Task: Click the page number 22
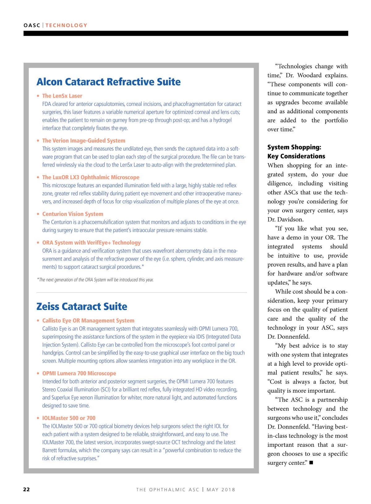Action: click(x=27, y=489)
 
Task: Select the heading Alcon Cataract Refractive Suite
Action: click(x=109, y=82)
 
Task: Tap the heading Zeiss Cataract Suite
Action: click(x=82, y=307)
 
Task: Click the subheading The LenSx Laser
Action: click(x=62, y=96)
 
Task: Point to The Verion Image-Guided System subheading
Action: click(x=83, y=141)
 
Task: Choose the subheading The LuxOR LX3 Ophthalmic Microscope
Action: click(x=91, y=177)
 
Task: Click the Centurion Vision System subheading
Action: click(x=73, y=214)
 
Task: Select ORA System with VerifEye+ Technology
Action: click(x=91, y=243)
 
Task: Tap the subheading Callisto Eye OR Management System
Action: click(x=88, y=320)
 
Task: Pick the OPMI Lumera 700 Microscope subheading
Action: click(x=79, y=373)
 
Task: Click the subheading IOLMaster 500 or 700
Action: click(x=69, y=418)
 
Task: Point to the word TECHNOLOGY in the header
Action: click(x=66, y=25)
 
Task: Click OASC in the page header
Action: click(x=32, y=25)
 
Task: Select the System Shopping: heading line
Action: click(x=294, y=147)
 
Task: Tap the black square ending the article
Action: click(x=311, y=463)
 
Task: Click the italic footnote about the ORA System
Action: click(x=95, y=280)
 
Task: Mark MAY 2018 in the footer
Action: click(x=221, y=489)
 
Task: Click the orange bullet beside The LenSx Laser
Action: click(x=38, y=96)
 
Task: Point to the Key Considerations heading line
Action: click(x=296, y=156)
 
